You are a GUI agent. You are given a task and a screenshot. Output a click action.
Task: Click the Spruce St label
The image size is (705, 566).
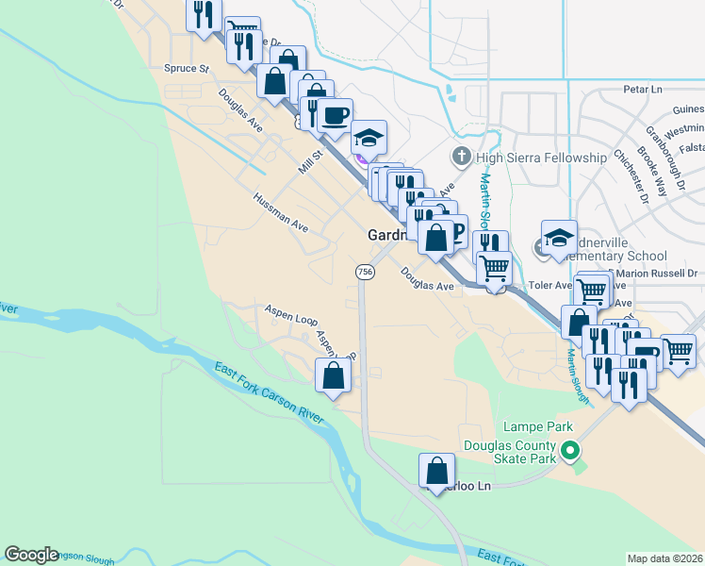tap(186, 69)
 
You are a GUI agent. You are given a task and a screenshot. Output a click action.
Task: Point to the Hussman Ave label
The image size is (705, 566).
tap(280, 214)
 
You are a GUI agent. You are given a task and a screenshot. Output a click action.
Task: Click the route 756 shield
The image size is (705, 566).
tap(365, 272)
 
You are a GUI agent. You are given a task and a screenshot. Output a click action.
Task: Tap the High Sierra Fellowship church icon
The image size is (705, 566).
tap(462, 156)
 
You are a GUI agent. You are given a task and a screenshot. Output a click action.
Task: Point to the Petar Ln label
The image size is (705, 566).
tap(644, 90)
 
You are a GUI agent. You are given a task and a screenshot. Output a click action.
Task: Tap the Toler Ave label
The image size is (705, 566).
tap(550, 285)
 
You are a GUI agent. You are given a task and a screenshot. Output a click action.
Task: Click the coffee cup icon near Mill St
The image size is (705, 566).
tap(335, 116)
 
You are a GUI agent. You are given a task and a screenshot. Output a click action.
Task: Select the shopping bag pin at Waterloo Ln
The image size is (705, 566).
tap(436, 470)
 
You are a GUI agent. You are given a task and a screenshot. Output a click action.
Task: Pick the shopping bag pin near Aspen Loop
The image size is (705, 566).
tap(334, 375)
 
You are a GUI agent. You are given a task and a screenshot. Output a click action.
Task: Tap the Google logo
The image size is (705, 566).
tap(31, 555)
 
